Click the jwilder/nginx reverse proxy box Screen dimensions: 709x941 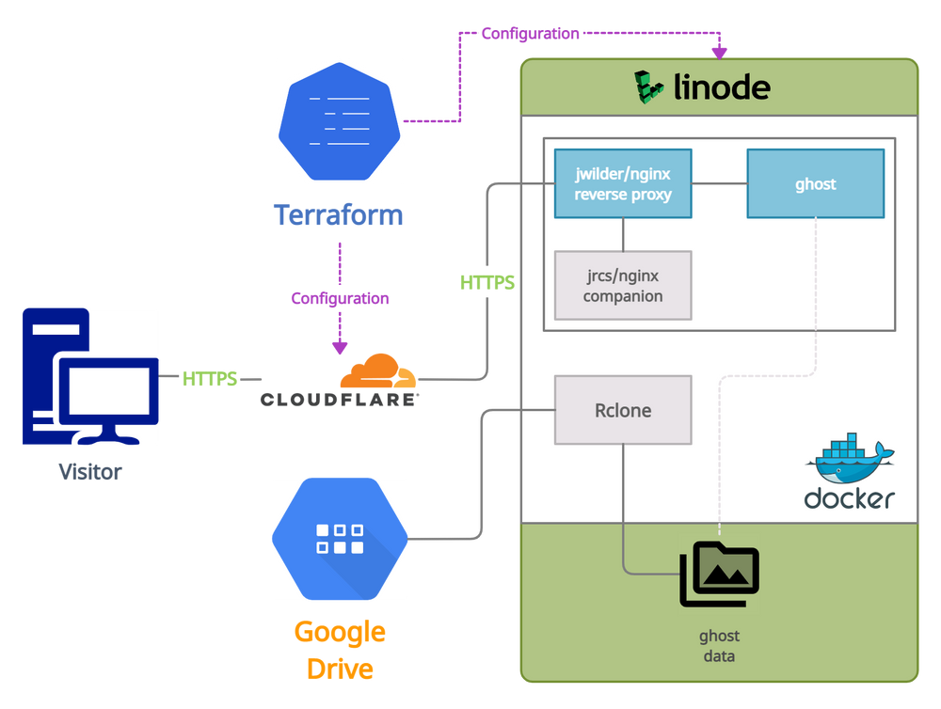pyautogui.click(x=622, y=183)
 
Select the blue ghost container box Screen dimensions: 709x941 pyautogui.click(x=815, y=183)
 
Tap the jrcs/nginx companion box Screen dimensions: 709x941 pyautogui.click(x=622, y=285)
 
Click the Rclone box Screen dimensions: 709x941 pyautogui.click(x=622, y=410)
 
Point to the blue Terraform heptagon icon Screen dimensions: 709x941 pyautogui.click(x=340, y=118)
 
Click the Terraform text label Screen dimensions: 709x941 pyautogui.click(x=339, y=215)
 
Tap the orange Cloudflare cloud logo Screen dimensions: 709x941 pyautogui.click(x=377, y=373)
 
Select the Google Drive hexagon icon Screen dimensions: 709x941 pyautogui.click(x=340, y=539)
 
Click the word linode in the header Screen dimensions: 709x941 pyautogui.click(x=722, y=88)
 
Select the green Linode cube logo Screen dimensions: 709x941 pyautogui.click(x=649, y=87)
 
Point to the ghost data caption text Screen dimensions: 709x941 pyautogui.click(x=719, y=646)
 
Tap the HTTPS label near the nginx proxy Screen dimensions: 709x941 pyautogui.click(x=487, y=281)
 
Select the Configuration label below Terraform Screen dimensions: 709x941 pyautogui.click(x=339, y=298)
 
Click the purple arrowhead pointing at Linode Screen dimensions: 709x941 pyautogui.click(x=721, y=47)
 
